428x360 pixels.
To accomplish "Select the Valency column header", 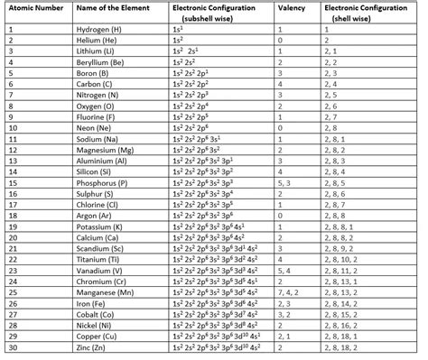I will [290, 7].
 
